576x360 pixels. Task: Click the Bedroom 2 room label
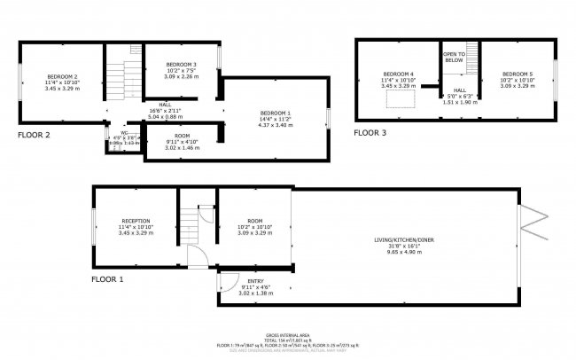[x=63, y=77]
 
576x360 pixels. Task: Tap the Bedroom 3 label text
[x=181, y=65]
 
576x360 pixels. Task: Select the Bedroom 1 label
[x=275, y=113]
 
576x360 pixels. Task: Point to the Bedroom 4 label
[x=398, y=74]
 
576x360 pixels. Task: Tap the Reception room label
[x=136, y=221]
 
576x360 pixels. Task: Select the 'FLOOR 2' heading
[x=34, y=136]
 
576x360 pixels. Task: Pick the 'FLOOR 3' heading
[x=370, y=133]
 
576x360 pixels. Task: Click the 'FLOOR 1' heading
[x=107, y=278]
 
